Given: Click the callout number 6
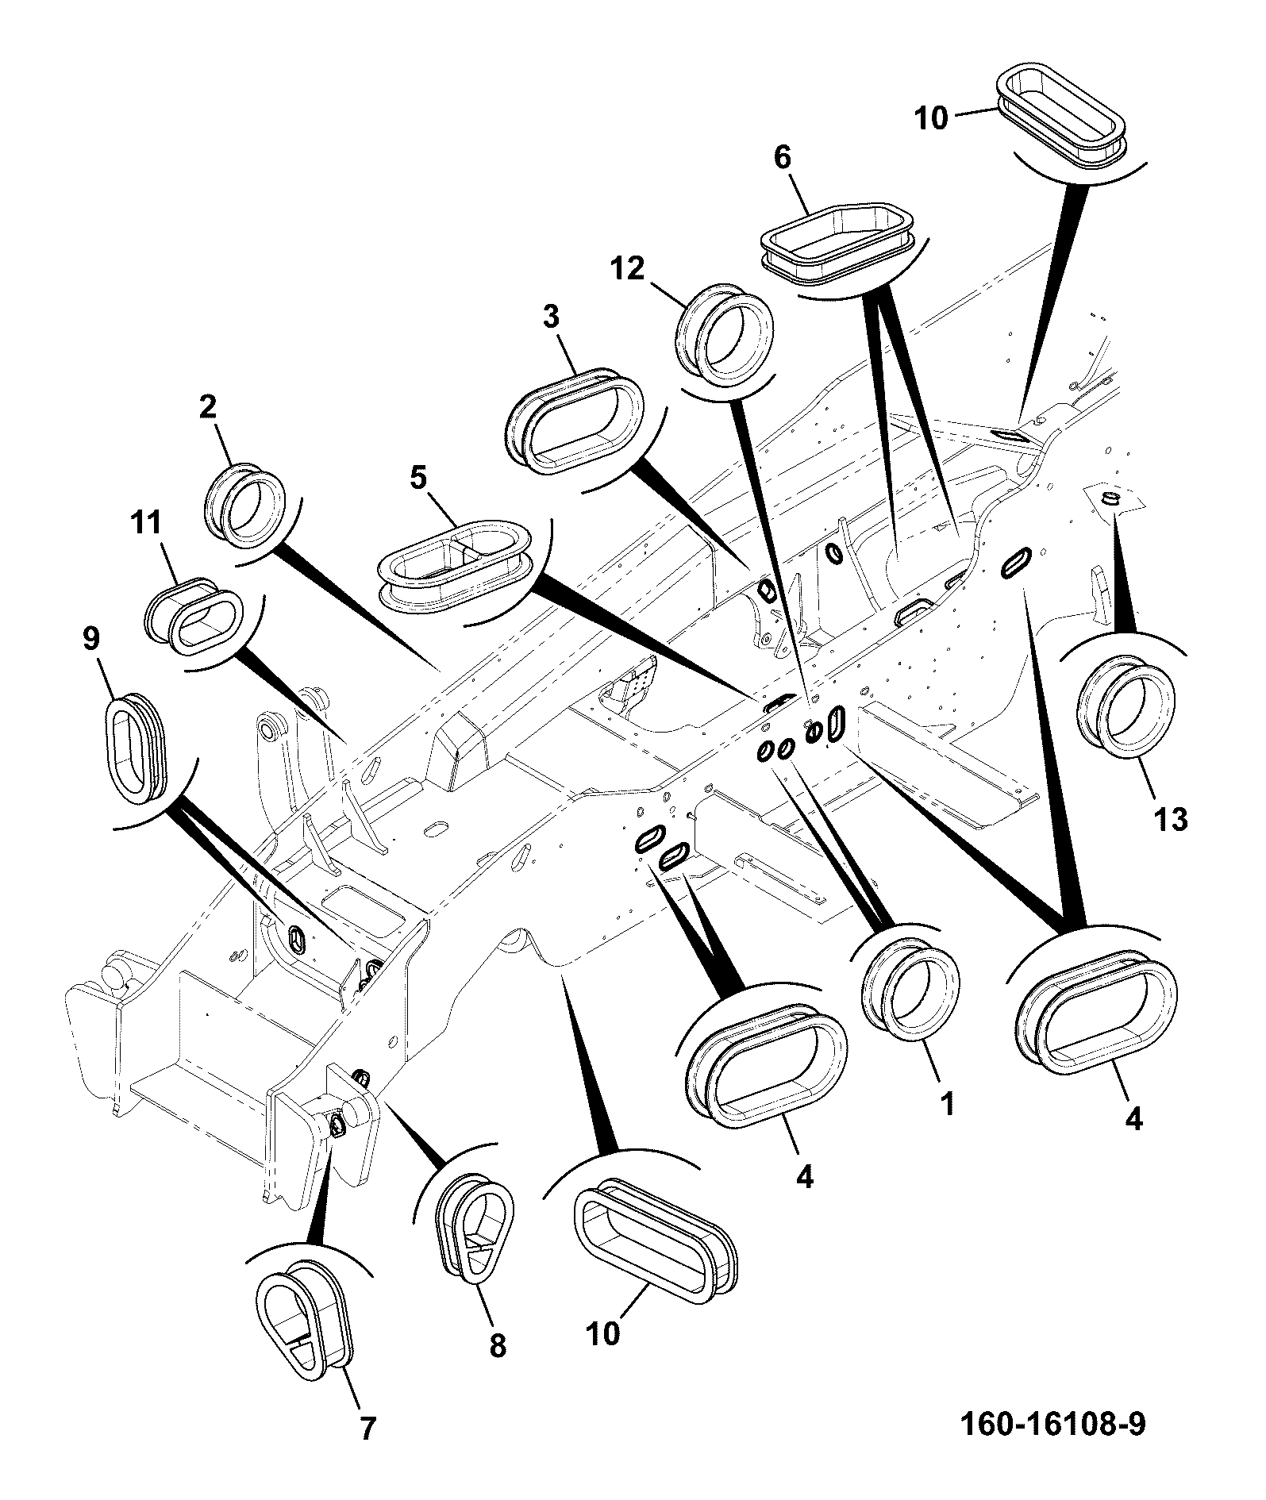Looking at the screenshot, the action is coord(782,158).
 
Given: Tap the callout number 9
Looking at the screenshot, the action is coord(92,640).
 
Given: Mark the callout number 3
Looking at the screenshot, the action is coord(551,317).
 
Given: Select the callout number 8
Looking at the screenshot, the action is coord(498,1345).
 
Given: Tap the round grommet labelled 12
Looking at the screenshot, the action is coord(724,335).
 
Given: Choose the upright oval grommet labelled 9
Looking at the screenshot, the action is coord(137,743).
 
